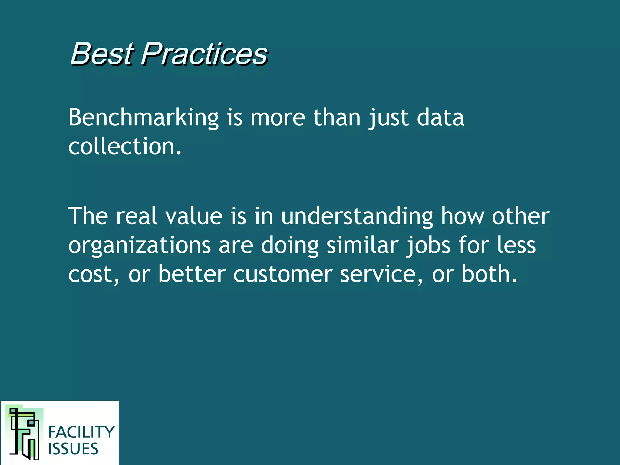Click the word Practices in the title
[204, 54]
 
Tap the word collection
[124, 147]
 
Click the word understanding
[357, 216]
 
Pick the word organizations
[140, 246]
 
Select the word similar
[362, 245]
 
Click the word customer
[283, 274]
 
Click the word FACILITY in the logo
[81, 432]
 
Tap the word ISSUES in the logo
[73, 449]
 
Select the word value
[194, 216]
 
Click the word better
[192, 274]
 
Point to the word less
[516, 245]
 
